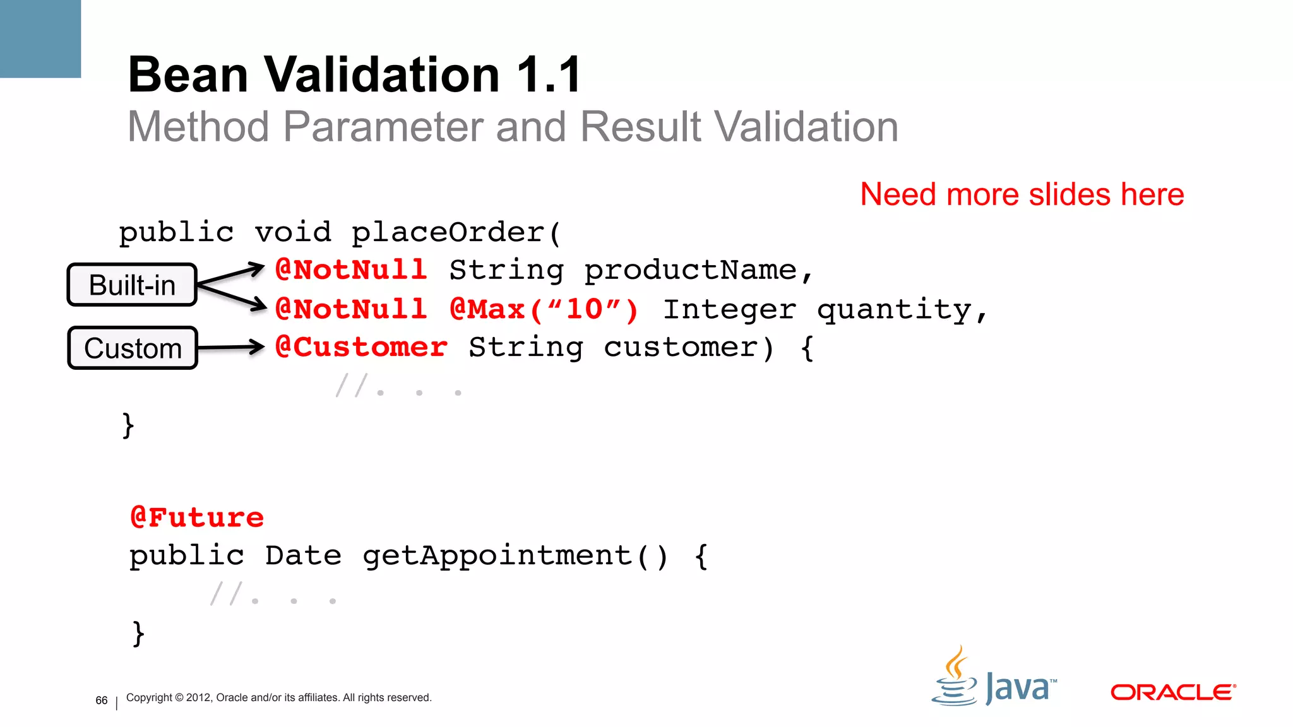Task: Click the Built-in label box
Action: coord(132,285)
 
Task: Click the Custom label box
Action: coord(133,348)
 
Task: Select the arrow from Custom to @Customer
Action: coord(230,347)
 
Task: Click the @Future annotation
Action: coord(197,517)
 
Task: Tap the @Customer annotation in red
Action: coord(361,347)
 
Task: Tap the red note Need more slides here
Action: coord(1022,194)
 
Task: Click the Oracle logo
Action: coord(1172,692)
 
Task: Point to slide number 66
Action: coord(102,700)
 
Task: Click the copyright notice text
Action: coord(278,697)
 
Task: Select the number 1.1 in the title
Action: coord(549,75)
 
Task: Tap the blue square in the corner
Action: coord(40,38)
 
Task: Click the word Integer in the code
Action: coord(729,310)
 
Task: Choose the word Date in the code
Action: coord(303,556)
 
